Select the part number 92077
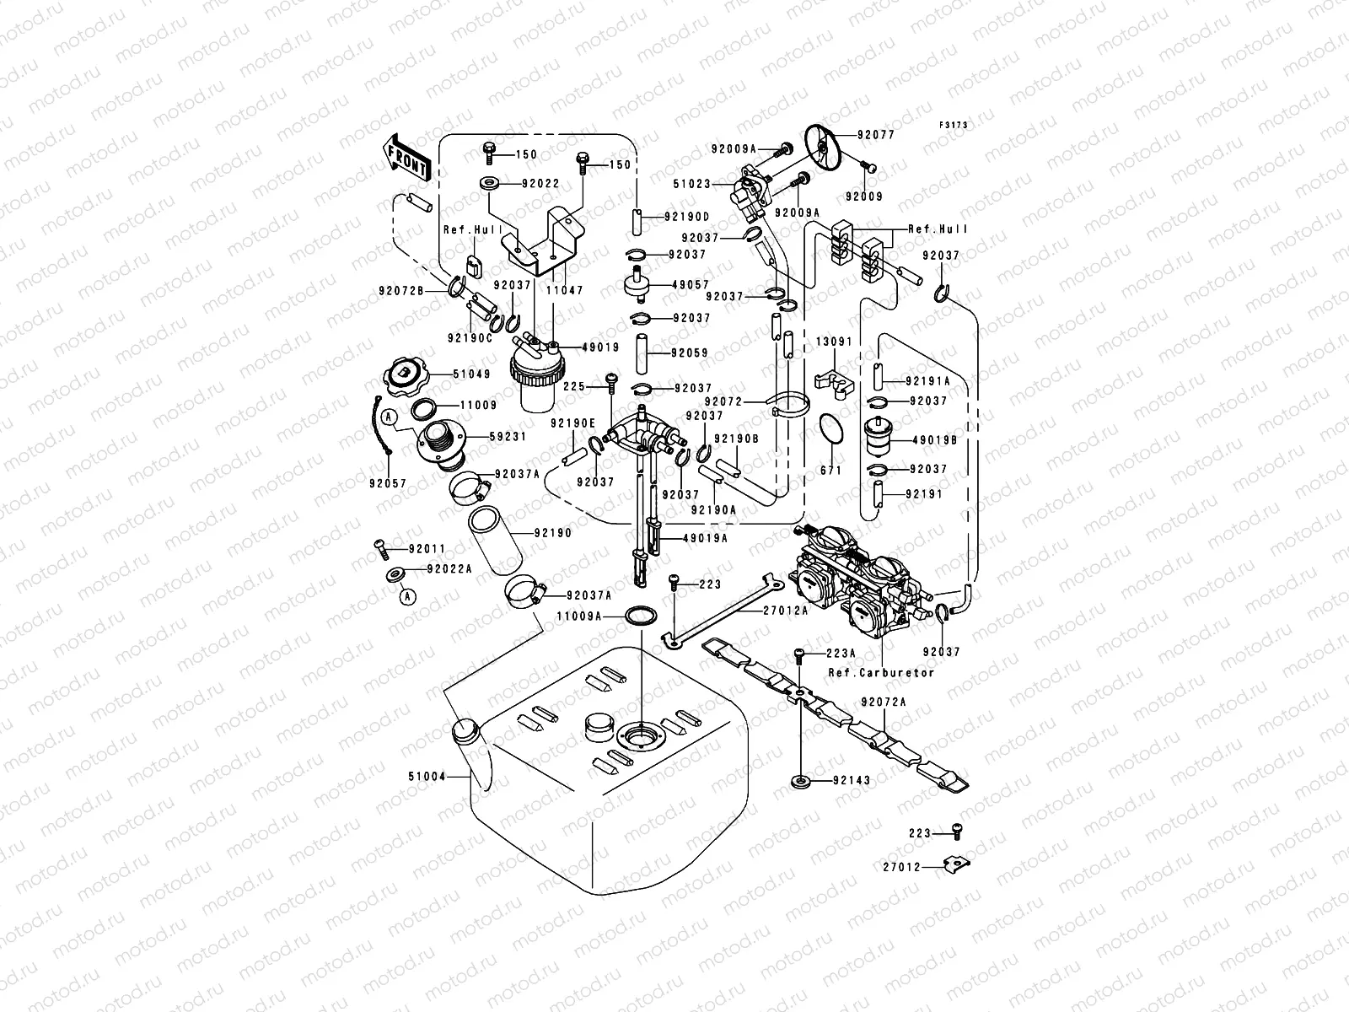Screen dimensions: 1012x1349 [x=876, y=135]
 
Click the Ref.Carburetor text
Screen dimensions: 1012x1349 [x=881, y=673]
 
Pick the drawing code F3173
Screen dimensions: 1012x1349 [x=954, y=125]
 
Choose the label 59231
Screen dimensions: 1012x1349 [x=508, y=437]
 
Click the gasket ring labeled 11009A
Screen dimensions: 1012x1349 [x=641, y=616]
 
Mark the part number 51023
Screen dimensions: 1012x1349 [x=693, y=184]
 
